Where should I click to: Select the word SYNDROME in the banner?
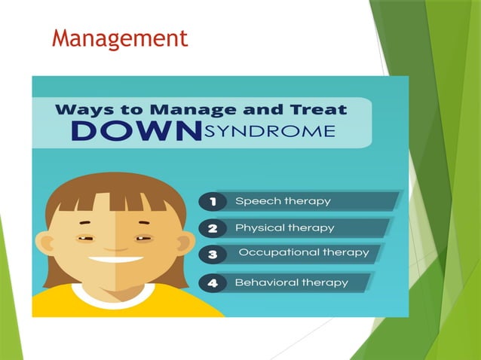point(269,132)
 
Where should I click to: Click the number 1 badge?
point(211,202)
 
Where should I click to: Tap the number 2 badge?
point(211,228)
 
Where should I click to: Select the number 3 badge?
point(211,255)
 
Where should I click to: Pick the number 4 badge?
point(211,284)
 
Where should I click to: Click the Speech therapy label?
point(283,201)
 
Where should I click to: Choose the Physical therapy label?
point(284,227)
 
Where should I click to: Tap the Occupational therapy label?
point(304,253)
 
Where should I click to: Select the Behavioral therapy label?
point(291,283)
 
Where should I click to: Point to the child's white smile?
point(116,260)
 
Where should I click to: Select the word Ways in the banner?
point(82,110)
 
